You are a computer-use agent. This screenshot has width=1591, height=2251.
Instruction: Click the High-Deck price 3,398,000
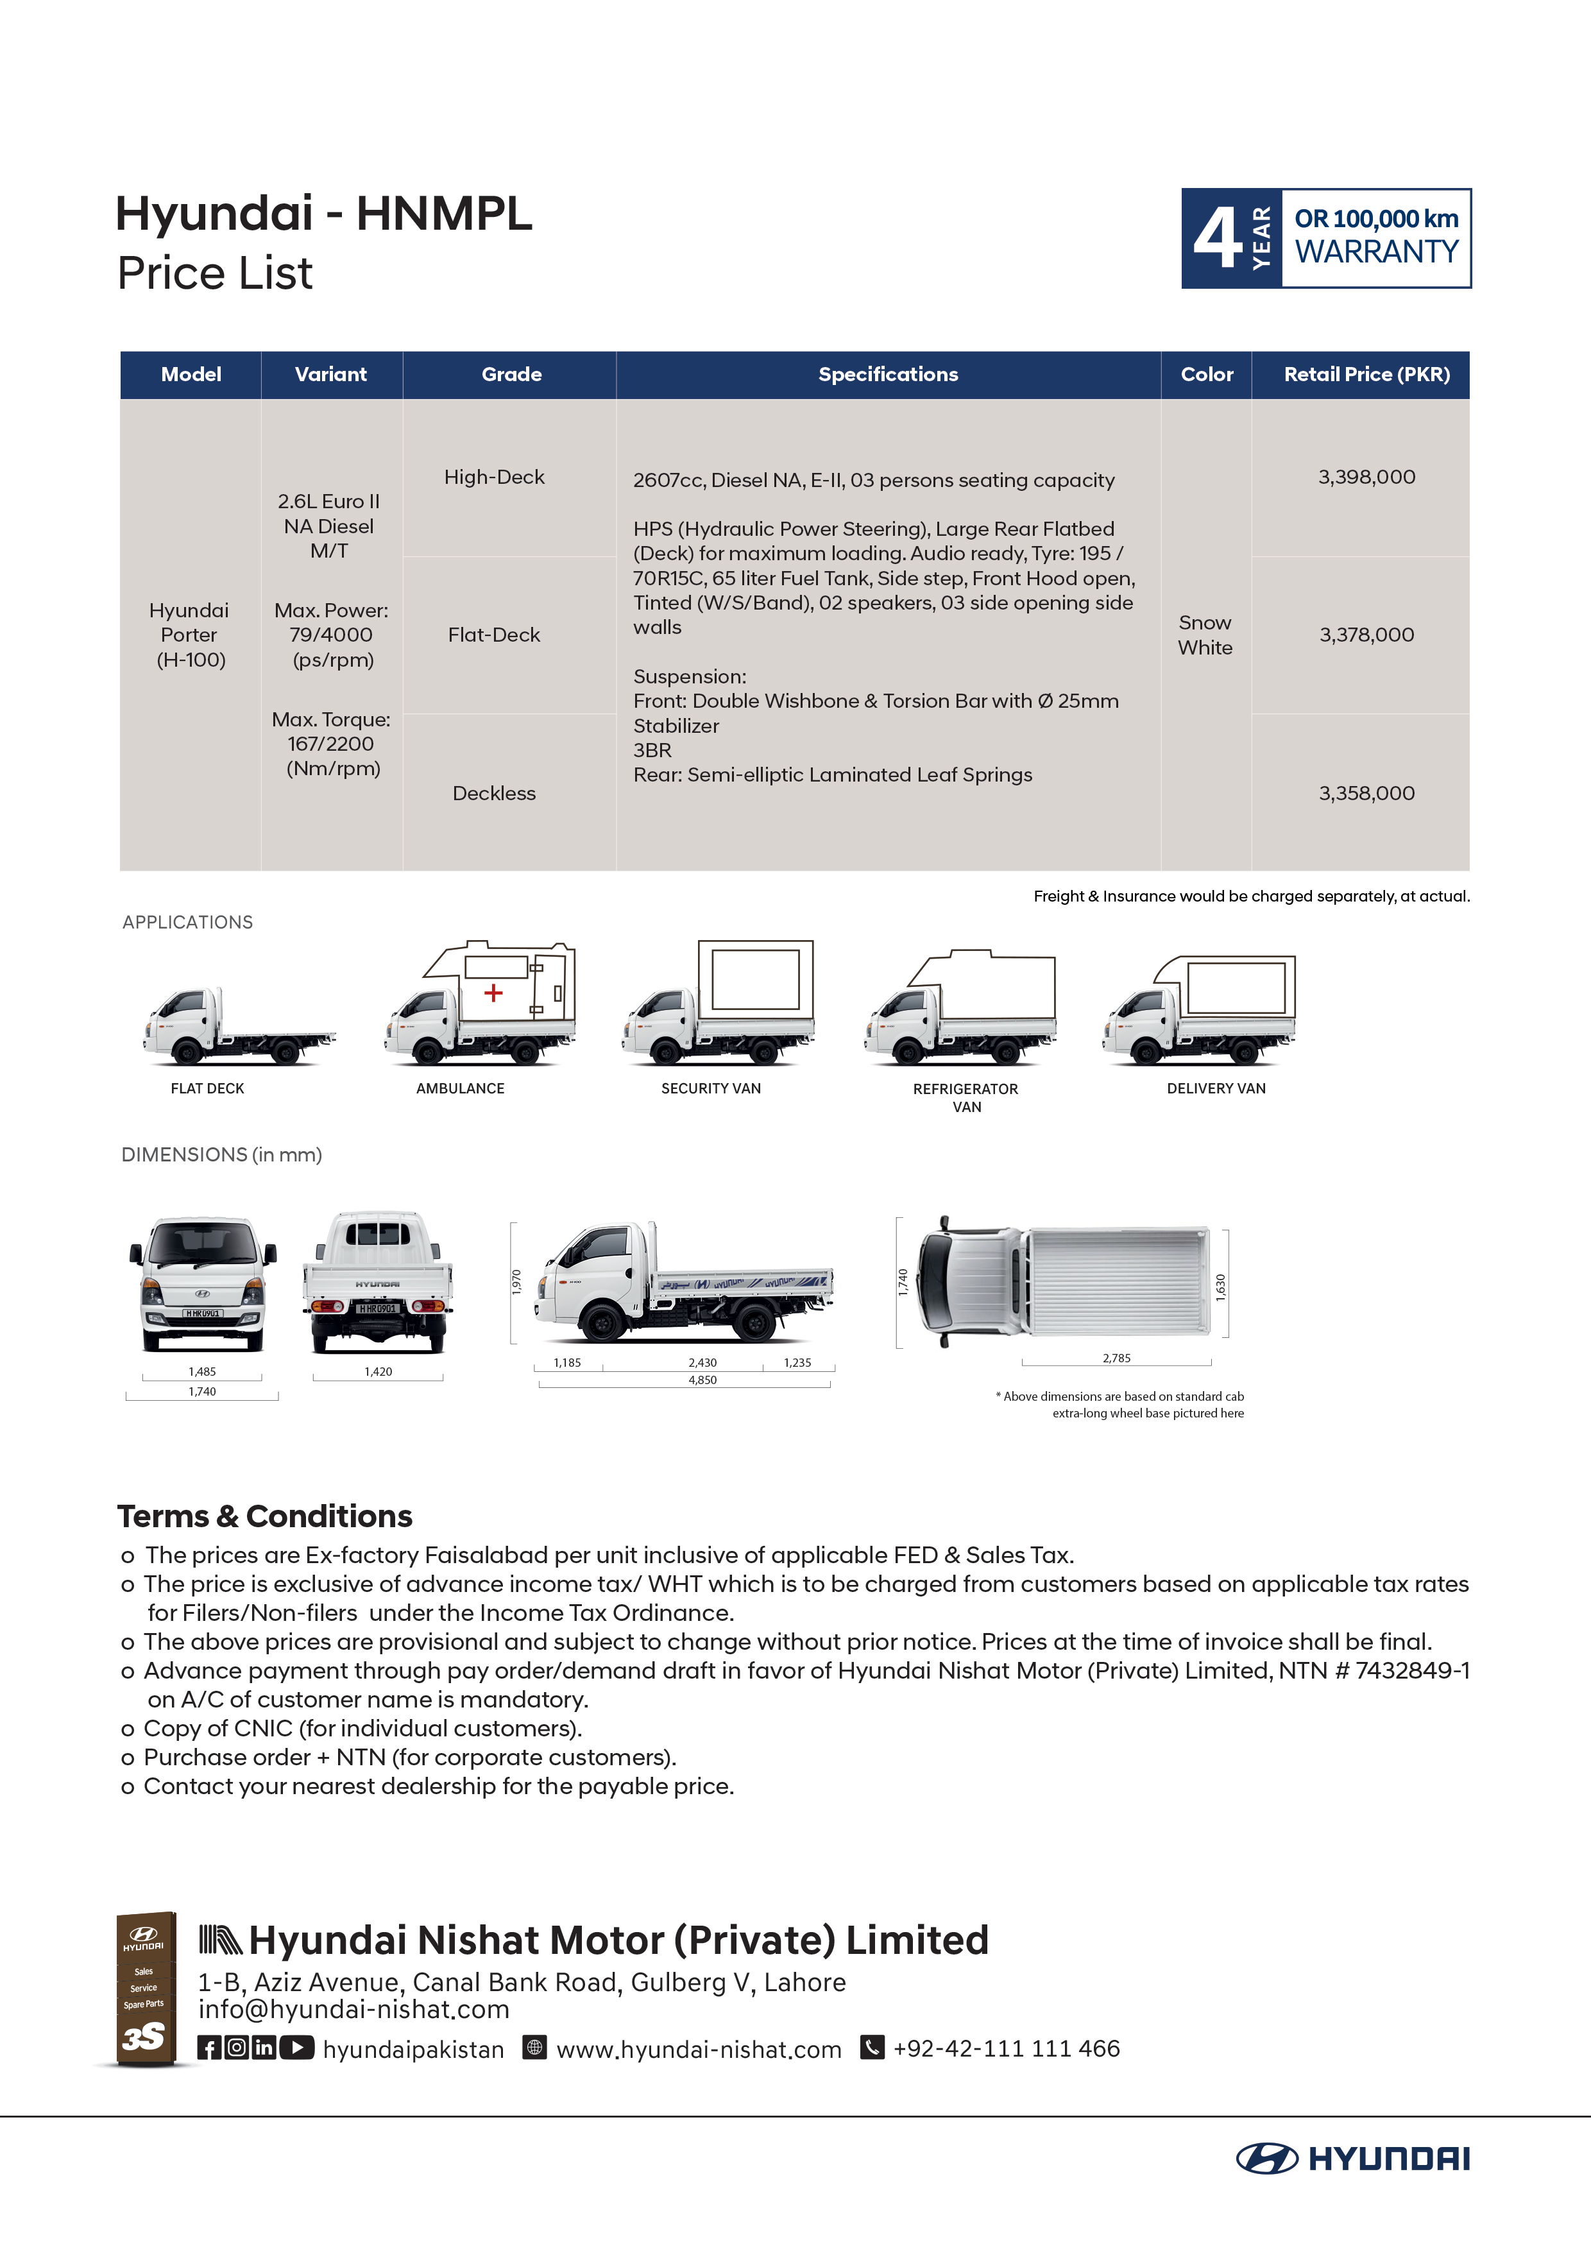pyautogui.click(x=1366, y=477)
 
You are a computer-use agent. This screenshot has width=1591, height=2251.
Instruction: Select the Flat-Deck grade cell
pyautogui.click(x=494, y=635)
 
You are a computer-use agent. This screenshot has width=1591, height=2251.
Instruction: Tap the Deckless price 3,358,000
pyautogui.click(x=1366, y=793)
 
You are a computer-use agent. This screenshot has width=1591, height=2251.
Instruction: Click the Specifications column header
pyautogui.click(x=888, y=375)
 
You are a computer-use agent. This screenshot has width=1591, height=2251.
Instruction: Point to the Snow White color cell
pyautogui.click(x=1205, y=635)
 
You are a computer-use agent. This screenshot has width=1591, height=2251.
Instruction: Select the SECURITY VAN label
pyautogui.click(x=711, y=1088)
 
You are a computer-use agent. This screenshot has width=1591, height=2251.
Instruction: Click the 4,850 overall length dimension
pyautogui.click(x=702, y=1380)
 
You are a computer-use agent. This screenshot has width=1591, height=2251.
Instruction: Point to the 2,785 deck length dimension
pyautogui.click(x=1116, y=1358)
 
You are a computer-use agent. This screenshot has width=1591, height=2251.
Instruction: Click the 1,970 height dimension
pyautogui.click(x=516, y=1281)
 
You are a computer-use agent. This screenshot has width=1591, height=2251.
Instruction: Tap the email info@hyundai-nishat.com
pyautogui.click(x=354, y=2010)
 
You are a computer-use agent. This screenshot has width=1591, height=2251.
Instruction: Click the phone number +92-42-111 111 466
pyautogui.click(x=1006, y=2049)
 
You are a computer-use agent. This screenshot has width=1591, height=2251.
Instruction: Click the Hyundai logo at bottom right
pyautogui.click(x=1353, y=2159)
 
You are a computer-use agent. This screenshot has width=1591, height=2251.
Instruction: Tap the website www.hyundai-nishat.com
pyautogui.click(x=699, y=2050)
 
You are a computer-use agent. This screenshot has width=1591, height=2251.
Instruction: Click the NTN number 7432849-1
pyautogui.click(x=1411, y=1670)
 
